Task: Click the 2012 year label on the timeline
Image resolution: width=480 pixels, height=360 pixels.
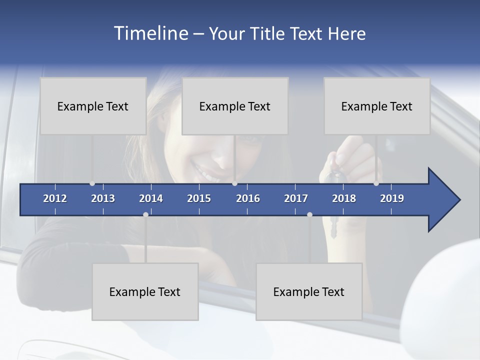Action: [55, 198]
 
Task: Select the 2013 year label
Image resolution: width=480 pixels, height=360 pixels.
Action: [103, 198]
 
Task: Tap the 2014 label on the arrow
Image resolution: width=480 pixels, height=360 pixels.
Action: [151, 198]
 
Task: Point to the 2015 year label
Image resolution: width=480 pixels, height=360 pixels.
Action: [199, 198]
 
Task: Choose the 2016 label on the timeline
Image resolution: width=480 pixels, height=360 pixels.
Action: [248, 198]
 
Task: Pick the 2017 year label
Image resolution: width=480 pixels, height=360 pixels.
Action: [296, 198]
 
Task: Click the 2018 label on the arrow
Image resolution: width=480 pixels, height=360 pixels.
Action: [344, 198]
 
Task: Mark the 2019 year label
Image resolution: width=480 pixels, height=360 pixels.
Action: [392, 198]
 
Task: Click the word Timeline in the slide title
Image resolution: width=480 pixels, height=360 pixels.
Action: [150, 33]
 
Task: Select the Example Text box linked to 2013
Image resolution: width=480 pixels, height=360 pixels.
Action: [93, 106]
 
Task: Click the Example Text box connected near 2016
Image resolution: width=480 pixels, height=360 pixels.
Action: [235, 106]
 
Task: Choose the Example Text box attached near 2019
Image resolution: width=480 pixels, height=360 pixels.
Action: [377, 106]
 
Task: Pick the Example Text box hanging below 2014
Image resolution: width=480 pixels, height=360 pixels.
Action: [145, 291]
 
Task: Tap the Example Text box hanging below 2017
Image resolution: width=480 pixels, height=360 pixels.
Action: [309, 291]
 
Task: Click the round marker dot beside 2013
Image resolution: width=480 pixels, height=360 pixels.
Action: [92, 183]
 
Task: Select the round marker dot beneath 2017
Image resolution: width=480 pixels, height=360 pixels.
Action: [309, 214]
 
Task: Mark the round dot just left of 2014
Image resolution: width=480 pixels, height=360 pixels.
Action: [145, 214]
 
